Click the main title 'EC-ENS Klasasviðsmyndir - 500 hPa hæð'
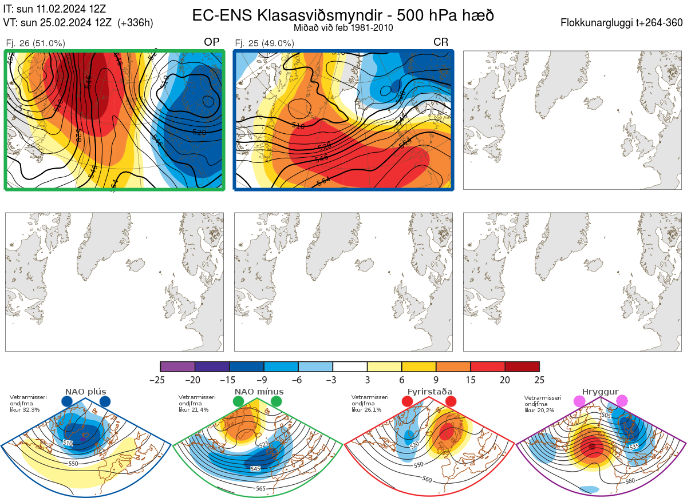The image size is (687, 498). tap(343, 15)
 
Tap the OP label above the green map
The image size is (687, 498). tap(212, 42)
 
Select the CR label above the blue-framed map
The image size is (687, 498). tap(441, 42)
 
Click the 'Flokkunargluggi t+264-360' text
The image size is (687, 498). tap(622, 23)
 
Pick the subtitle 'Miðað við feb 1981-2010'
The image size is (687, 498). tap(343, 27)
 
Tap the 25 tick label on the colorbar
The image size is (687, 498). tap(539, 380)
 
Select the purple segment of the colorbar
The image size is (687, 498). tap(177, 366)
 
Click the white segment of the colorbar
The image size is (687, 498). tap(350, 366)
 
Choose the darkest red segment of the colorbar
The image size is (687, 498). tap(522, 366)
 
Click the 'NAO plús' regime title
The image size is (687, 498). tap(85, 392)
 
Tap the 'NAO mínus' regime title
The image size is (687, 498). tap(259, 392)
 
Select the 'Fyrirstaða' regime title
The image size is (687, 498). tap(429, 392)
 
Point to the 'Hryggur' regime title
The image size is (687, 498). tap(600, 392)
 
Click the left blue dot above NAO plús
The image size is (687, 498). tap(66, 402)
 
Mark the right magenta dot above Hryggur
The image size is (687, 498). tap(622, 402)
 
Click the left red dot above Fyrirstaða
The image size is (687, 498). tap(407, 402)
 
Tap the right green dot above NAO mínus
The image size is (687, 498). tap(277, 402)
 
